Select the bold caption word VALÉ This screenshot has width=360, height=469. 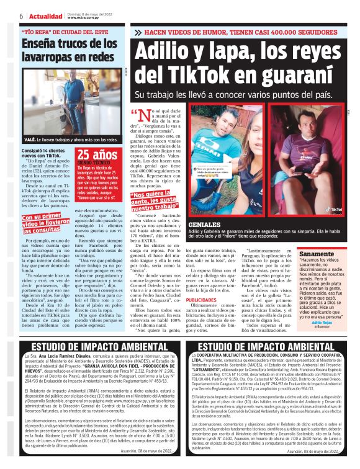point(30,140)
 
